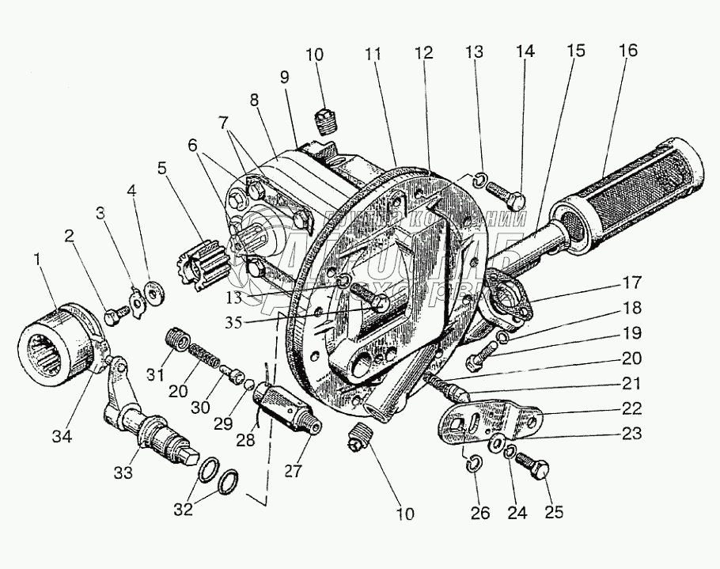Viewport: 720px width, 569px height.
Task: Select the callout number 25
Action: pos(554,512)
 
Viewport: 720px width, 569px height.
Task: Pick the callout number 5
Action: pos(161,169)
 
